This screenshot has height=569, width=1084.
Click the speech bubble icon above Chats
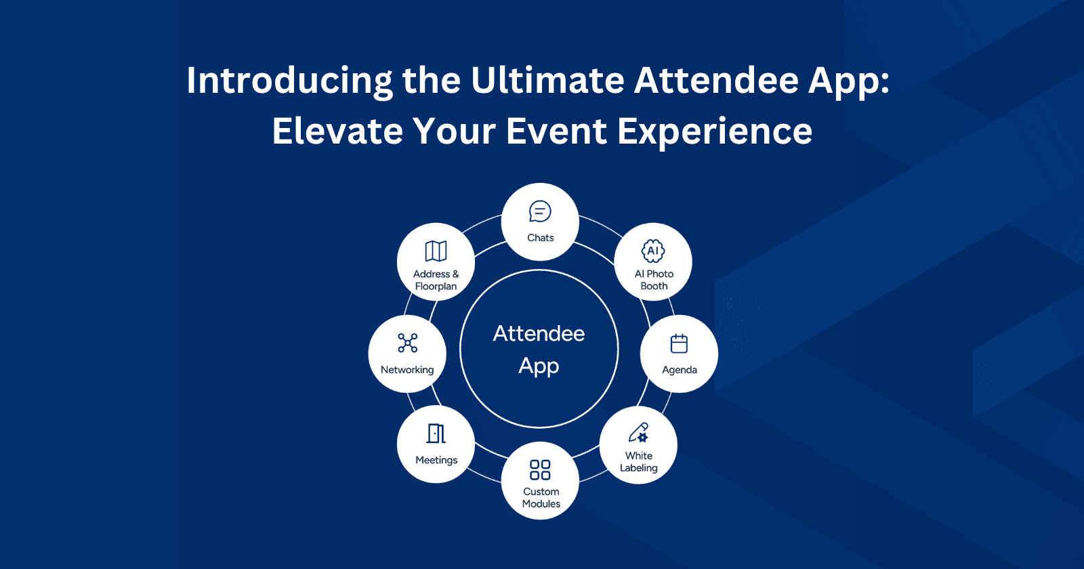point(540,212)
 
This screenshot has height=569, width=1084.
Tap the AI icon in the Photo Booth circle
point(653,251)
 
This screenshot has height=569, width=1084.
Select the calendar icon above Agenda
point(679,343)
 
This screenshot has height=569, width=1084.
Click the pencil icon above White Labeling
point(638,432)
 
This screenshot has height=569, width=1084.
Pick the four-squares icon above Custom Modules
point(540,469)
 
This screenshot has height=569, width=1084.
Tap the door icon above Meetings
point(436,434)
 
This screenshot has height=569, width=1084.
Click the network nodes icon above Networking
point(407,343)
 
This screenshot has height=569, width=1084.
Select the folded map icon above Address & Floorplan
point(436,251)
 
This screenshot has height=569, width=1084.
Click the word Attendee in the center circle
point(539,334)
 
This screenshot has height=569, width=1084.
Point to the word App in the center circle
point(539,366)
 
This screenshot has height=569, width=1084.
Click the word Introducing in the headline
point(289,81)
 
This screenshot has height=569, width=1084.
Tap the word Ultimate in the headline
point(547,81)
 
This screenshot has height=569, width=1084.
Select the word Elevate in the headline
point(337,131)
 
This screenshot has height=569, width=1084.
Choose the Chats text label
point(541,238)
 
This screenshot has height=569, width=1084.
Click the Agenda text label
point(680,370)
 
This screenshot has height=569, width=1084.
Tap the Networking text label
point(407,370)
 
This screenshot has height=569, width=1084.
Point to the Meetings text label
point(436,460)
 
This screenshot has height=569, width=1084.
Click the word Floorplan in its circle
point(436,287)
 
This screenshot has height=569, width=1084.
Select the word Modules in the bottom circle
point(541,504)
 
